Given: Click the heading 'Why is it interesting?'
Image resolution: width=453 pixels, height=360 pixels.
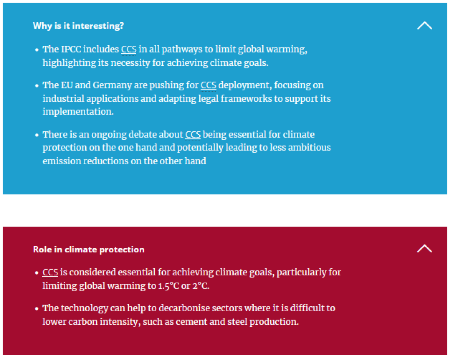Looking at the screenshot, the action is pyautogui.click(x=78, y=26).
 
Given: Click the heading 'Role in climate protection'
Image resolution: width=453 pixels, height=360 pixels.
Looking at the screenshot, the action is pyautogui.click(x=89, y=250).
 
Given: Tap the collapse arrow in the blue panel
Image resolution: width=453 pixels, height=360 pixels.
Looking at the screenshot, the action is pyautogui.click(x=425, y=25).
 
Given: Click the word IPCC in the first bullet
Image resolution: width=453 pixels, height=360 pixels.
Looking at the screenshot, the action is pyautogui.click(x=71, y=49).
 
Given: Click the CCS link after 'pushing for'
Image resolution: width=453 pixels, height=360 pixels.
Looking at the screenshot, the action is pyautogui.click(x=208, y=85).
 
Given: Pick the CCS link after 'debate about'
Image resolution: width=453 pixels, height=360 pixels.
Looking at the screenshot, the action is pyautogui.click(x=193, y=135).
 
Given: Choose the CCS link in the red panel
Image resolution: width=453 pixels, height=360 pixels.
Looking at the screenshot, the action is pyautogui.click(x=50, y=272).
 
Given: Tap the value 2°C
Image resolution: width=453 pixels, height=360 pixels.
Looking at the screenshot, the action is pyautogui.click(x=201, y=286).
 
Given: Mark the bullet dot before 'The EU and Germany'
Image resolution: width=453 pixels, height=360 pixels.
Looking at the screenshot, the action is pyautogui.click(x=37, y=86).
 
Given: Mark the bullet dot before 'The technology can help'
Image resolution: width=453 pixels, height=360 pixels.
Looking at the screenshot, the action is pyautogui.click(x=37, y=309).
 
